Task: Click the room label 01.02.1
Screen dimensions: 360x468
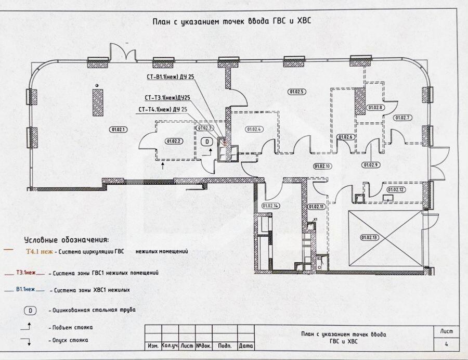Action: coord(118,128)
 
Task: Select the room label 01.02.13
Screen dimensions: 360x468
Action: coord(369,237)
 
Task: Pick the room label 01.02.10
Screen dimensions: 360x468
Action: coord(322,166)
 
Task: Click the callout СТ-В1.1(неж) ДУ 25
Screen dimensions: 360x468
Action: coord(171,77)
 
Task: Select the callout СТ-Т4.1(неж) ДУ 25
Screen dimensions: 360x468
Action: coord(163,109)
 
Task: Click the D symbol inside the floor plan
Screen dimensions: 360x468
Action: coord(206,141)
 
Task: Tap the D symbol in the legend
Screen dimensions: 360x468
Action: coord(30,310)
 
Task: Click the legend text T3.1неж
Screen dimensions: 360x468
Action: coord(26,272)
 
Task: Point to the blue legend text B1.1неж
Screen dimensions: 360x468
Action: coord(25,289)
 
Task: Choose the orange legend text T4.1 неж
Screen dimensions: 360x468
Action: coord(38,251)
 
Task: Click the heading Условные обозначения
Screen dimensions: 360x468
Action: coord(67,240)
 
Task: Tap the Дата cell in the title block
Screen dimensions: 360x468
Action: coord(246,345)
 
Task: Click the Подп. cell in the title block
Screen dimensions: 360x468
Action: coord(225,345)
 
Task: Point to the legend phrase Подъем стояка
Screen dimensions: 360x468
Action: coord(70,328)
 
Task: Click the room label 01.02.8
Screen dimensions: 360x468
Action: coord(375,108)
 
